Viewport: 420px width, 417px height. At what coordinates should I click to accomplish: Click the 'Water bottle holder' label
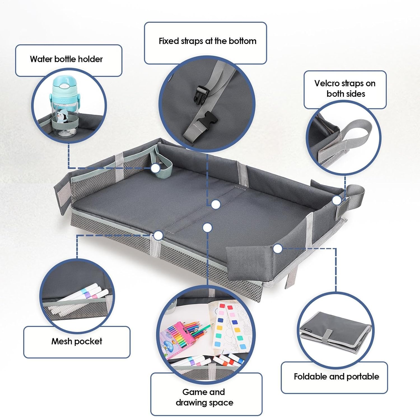(66, 59)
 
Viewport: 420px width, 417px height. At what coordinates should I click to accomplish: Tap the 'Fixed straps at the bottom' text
(207, 41)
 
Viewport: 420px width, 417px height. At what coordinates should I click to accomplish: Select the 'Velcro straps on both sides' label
(345, 88)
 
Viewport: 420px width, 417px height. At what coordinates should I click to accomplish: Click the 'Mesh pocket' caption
(77, 341)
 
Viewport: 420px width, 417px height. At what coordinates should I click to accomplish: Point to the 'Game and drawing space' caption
(204, 397)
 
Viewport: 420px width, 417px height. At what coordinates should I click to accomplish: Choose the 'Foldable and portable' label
(336, 376)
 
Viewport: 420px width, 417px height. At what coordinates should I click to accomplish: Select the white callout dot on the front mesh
(158, 235)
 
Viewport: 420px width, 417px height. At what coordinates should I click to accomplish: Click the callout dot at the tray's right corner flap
(277, 248)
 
